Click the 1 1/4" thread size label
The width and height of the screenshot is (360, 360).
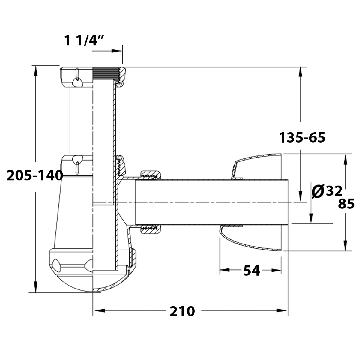coord(84,40)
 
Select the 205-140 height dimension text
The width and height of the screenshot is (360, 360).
coord(34,175)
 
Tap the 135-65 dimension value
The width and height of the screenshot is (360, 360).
coord(302,137)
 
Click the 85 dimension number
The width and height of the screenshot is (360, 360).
coord(346,204)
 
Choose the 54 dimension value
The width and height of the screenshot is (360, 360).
coord(252,271)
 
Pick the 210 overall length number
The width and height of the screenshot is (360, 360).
coord(182,311)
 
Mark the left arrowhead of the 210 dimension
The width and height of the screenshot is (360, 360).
coord(100,311)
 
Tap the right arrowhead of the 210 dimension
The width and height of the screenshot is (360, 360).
coord(281,311)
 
